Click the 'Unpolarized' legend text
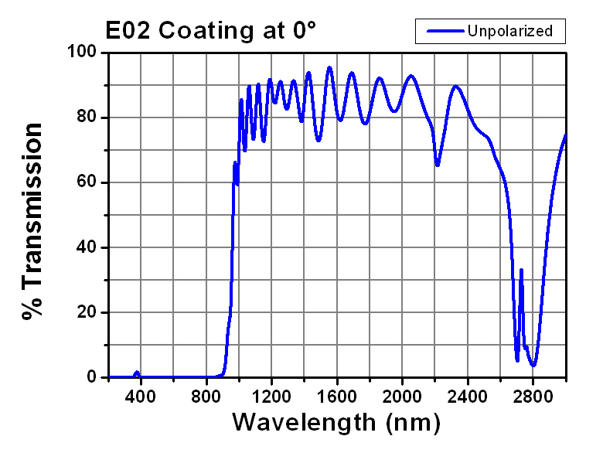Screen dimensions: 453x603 pyautogui.click(x=509, y=31)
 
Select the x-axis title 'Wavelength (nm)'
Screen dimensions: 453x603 pyautogui.click(x=336, y=423)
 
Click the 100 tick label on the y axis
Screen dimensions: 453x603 pyautogui.click(x=80, y=53)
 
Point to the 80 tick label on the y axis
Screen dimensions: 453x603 pyautogui.click(x=85, y=118)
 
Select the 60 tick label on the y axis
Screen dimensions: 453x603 pyautogui.click(x=85, y=182)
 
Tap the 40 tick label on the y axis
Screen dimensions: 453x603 pyautogui.click(x=85, y=247)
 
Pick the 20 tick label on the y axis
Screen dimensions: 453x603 pyautogui.click(x=85, y=312)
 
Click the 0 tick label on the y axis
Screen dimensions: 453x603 pyautogui.click(x=90, y=377)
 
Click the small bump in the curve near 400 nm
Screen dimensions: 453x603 pyautogui.click(x=137, y=373)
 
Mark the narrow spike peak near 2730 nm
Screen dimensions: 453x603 pyautogui.click(x=521, y=270)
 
